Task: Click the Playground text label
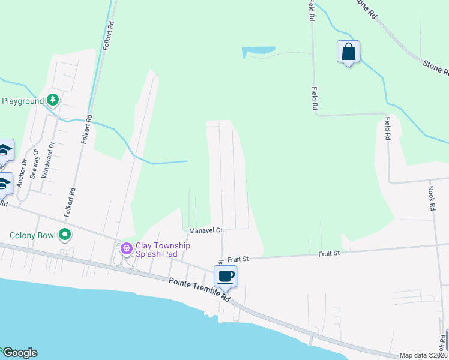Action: pyautogui.click(x=22, y=101)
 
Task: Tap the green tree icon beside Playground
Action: pyautogui.click(x=53, y=100)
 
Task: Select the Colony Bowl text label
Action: pyautogui.click(x=32, y=235)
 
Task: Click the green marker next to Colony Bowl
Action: pyautogui.click(x=65, y=235)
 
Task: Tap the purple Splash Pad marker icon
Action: pyautogui.click(x=126, y=247)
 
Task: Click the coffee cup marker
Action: pyautogui.click(x=225, y=277)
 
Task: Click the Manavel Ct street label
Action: pyautogui.click(x=206, y=230)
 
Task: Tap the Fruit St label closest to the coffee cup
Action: pyautogui.click(x=238, y=259)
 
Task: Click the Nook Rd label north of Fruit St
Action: pyautogui.click(x=432, y=197)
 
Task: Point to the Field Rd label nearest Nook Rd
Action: pyautogui.click(x=388, y=128)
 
